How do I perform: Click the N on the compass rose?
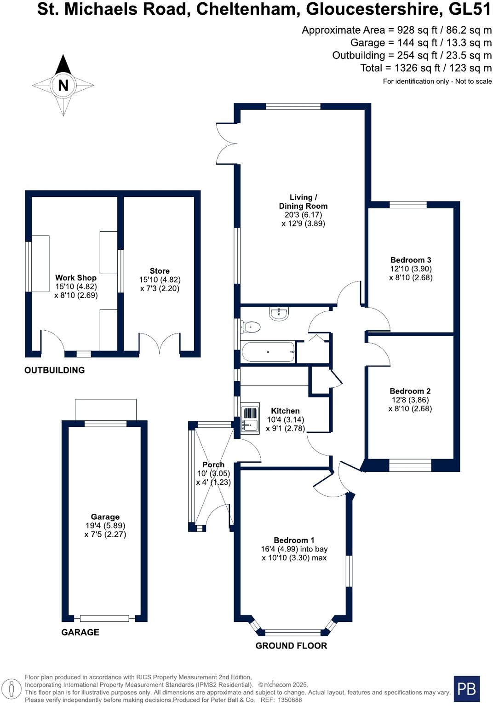point(63,85)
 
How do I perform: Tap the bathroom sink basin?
point(279,314)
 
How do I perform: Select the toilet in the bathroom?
point(251,327)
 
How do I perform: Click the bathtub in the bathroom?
point(268,352)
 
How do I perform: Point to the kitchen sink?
point(250,419)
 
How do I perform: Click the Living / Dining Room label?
point(303,201)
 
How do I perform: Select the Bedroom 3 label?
point(411,260)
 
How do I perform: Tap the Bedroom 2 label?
point(410,391)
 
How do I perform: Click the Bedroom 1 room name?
point(294,540)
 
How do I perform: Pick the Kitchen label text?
point(285,411)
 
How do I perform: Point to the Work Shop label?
point(76,277)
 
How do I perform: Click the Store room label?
point(160,271)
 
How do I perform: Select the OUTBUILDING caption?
point(54,370)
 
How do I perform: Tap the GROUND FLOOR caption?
point(291,645)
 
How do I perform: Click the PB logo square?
point(466,689)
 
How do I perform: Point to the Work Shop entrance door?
point(52,343)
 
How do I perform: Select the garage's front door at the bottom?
point(104,619)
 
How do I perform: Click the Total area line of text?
point(426,68)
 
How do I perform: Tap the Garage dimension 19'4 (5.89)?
point(105,525)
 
